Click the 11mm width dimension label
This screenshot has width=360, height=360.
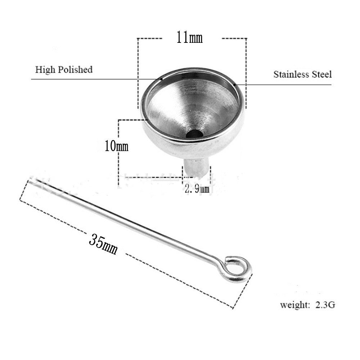coord(189,37)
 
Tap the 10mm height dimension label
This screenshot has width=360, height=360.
coord(116,146)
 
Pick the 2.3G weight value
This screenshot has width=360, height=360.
coord(325,305)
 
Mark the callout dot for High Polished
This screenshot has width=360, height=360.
coord(162,79)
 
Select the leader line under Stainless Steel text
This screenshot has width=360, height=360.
coord(288,85)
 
